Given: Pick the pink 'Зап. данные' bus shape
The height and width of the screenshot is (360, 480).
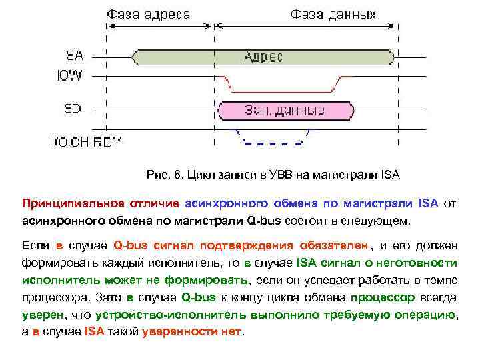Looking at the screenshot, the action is [x=285, y=109].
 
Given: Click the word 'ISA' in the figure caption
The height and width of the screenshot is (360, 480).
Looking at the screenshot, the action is [x=390, y=175].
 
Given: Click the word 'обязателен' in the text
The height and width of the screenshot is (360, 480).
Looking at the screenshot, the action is [x=333, y=245].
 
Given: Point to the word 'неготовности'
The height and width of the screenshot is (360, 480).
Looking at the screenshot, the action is [x=418, y=262].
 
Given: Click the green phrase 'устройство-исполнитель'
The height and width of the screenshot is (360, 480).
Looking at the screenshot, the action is [x=157, y=314].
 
